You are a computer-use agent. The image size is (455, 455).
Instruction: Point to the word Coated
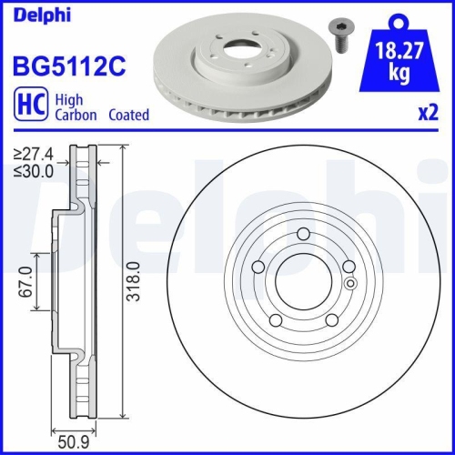point(129,116)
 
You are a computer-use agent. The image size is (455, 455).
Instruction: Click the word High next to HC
point(70,100)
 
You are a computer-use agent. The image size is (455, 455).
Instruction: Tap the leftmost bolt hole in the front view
point(258,268)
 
